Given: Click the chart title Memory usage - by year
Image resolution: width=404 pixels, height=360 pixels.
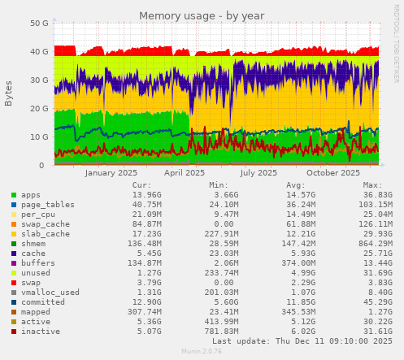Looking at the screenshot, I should click(202, 15).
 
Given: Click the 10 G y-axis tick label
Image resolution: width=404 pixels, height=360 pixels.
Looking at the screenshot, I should click(38, 137).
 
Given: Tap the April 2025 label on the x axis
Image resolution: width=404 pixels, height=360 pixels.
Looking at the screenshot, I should click(185, 172).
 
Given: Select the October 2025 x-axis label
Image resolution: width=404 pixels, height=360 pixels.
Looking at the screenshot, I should click(333, 172).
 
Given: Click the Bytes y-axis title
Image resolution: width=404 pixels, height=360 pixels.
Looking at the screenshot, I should click(9, 93).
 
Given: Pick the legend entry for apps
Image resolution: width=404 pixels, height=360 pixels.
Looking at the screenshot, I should click(30, 195).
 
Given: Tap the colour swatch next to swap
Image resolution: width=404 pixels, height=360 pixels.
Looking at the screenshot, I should click(13, 282).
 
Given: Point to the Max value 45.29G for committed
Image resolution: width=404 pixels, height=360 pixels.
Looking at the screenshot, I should click(377, 301).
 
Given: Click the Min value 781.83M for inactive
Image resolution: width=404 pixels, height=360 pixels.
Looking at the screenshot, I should click(219, 331).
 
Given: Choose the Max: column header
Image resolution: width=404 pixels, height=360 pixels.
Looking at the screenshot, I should click(372, 185).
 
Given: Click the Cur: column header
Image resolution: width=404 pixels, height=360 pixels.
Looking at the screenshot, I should click(142, 185).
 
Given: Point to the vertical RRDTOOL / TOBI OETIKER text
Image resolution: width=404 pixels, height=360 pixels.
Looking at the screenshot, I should click(396, 49).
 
